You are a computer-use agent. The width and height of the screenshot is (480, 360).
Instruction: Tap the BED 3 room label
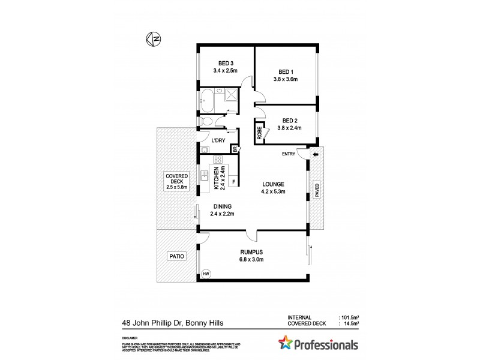[x=226, y=62]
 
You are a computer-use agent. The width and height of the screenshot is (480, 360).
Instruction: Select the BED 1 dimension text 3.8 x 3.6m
[x=286, y=79]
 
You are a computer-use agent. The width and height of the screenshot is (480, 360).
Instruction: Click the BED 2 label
[x=289, y=119]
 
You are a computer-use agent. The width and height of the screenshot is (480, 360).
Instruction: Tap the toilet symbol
[x=207, y=121]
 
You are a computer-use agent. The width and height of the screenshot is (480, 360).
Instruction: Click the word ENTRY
[x=289, y=154]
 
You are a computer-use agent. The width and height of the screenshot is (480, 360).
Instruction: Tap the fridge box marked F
[x=233, y=182]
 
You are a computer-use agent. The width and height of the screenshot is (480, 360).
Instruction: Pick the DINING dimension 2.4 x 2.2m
[x=221, y=214]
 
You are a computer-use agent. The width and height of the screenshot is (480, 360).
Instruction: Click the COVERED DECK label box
[x=178, y=181]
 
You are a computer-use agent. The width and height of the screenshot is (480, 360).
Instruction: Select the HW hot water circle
[x=206, y=274]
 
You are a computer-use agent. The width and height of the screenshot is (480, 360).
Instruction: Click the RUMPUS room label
[x=251, y=252]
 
